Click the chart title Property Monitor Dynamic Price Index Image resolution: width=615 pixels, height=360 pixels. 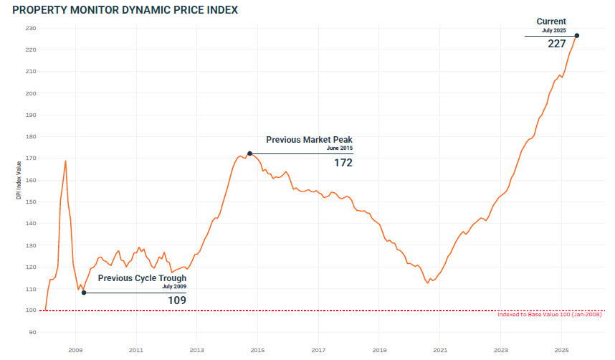coord(125,10)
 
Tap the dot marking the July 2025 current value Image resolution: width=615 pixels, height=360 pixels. coord(577,36)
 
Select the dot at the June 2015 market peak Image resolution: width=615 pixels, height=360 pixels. coord(249,153)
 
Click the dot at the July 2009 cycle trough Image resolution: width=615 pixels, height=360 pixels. coord(84,293)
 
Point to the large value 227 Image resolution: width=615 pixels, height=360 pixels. coord(557,44)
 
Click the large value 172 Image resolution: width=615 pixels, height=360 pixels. coord(343,163)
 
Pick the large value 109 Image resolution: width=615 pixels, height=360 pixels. coord(177,300)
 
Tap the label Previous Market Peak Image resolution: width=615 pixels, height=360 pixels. coord(309,140)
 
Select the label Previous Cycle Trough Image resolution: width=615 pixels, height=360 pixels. coord(142,278)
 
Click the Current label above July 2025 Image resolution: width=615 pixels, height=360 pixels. coord(551,22)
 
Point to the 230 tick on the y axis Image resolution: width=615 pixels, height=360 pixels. coord(31,28)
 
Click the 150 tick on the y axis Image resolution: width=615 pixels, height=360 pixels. coord(31,202)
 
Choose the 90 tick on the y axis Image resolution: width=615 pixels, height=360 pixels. coord(32,332)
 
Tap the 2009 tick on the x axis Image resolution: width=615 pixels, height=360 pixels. coord(75,350)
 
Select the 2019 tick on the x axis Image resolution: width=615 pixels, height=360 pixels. coord(379,350)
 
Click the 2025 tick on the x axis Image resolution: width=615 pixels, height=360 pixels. coord(562,350)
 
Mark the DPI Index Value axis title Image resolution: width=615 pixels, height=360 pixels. coord(19,180)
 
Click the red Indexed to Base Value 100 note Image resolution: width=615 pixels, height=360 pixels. coord(549,315)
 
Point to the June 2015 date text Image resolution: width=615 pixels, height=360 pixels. coord(339,148)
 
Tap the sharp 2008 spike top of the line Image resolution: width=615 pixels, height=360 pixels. coord(65,161)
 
